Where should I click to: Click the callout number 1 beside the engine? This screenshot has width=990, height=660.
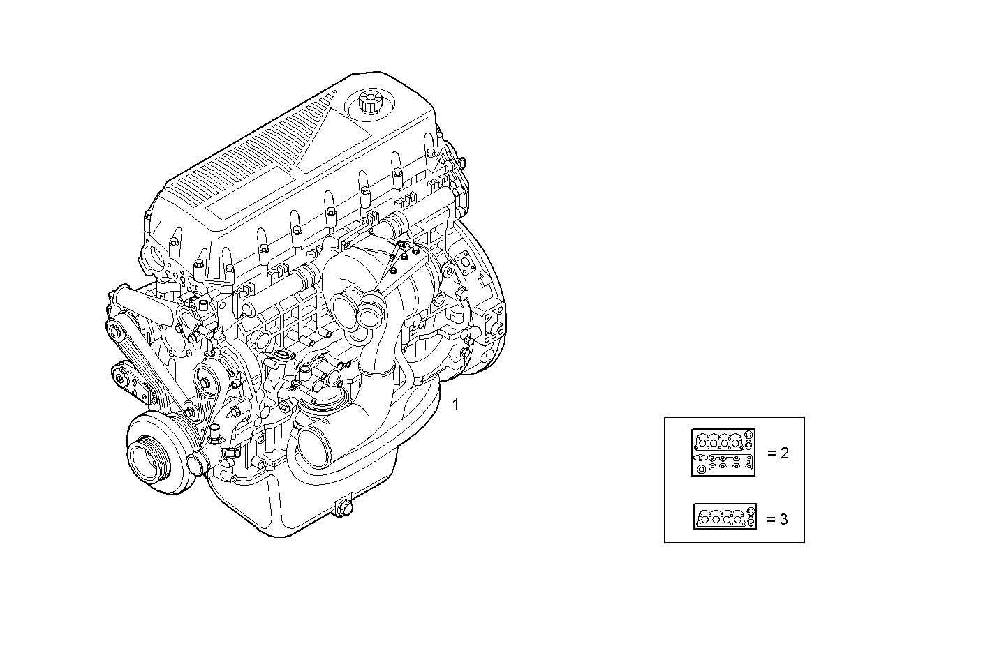[456, 404]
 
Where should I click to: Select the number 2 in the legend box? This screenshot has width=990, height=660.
[784, 453]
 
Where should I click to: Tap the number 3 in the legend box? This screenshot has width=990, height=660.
[784, 519]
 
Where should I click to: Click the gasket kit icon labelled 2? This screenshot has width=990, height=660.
[723, 453]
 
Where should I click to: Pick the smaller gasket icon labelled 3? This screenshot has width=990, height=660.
[725, 517]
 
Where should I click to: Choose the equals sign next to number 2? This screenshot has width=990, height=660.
[771, 453]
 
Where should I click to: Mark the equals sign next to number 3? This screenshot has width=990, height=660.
[771, 519]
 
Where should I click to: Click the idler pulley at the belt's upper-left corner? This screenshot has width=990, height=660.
[115, 329]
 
